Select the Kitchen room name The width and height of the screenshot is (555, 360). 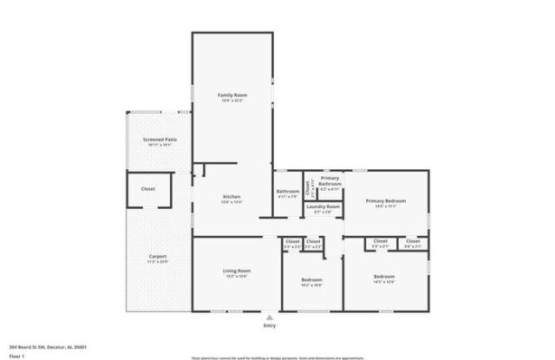(x=231, y=197)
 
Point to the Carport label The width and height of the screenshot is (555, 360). (x=157, y=256)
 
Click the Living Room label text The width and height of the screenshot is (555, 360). (x=237, y=271)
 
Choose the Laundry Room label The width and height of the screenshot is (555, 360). (x=321, y=206)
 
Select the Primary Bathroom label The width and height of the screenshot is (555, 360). (x=330, y=181)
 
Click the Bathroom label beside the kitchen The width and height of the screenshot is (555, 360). (x=288, y=192)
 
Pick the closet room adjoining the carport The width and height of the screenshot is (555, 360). (x=148, y=188)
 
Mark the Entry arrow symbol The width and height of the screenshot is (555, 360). (x=270, y=317)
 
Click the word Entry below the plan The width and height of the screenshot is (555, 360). (x=270, y=325)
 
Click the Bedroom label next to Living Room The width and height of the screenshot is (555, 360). (x=311, y=279)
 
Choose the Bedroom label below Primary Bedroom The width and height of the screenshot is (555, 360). (x=384, y=277)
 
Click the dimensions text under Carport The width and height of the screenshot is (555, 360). (x=157, y=261)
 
